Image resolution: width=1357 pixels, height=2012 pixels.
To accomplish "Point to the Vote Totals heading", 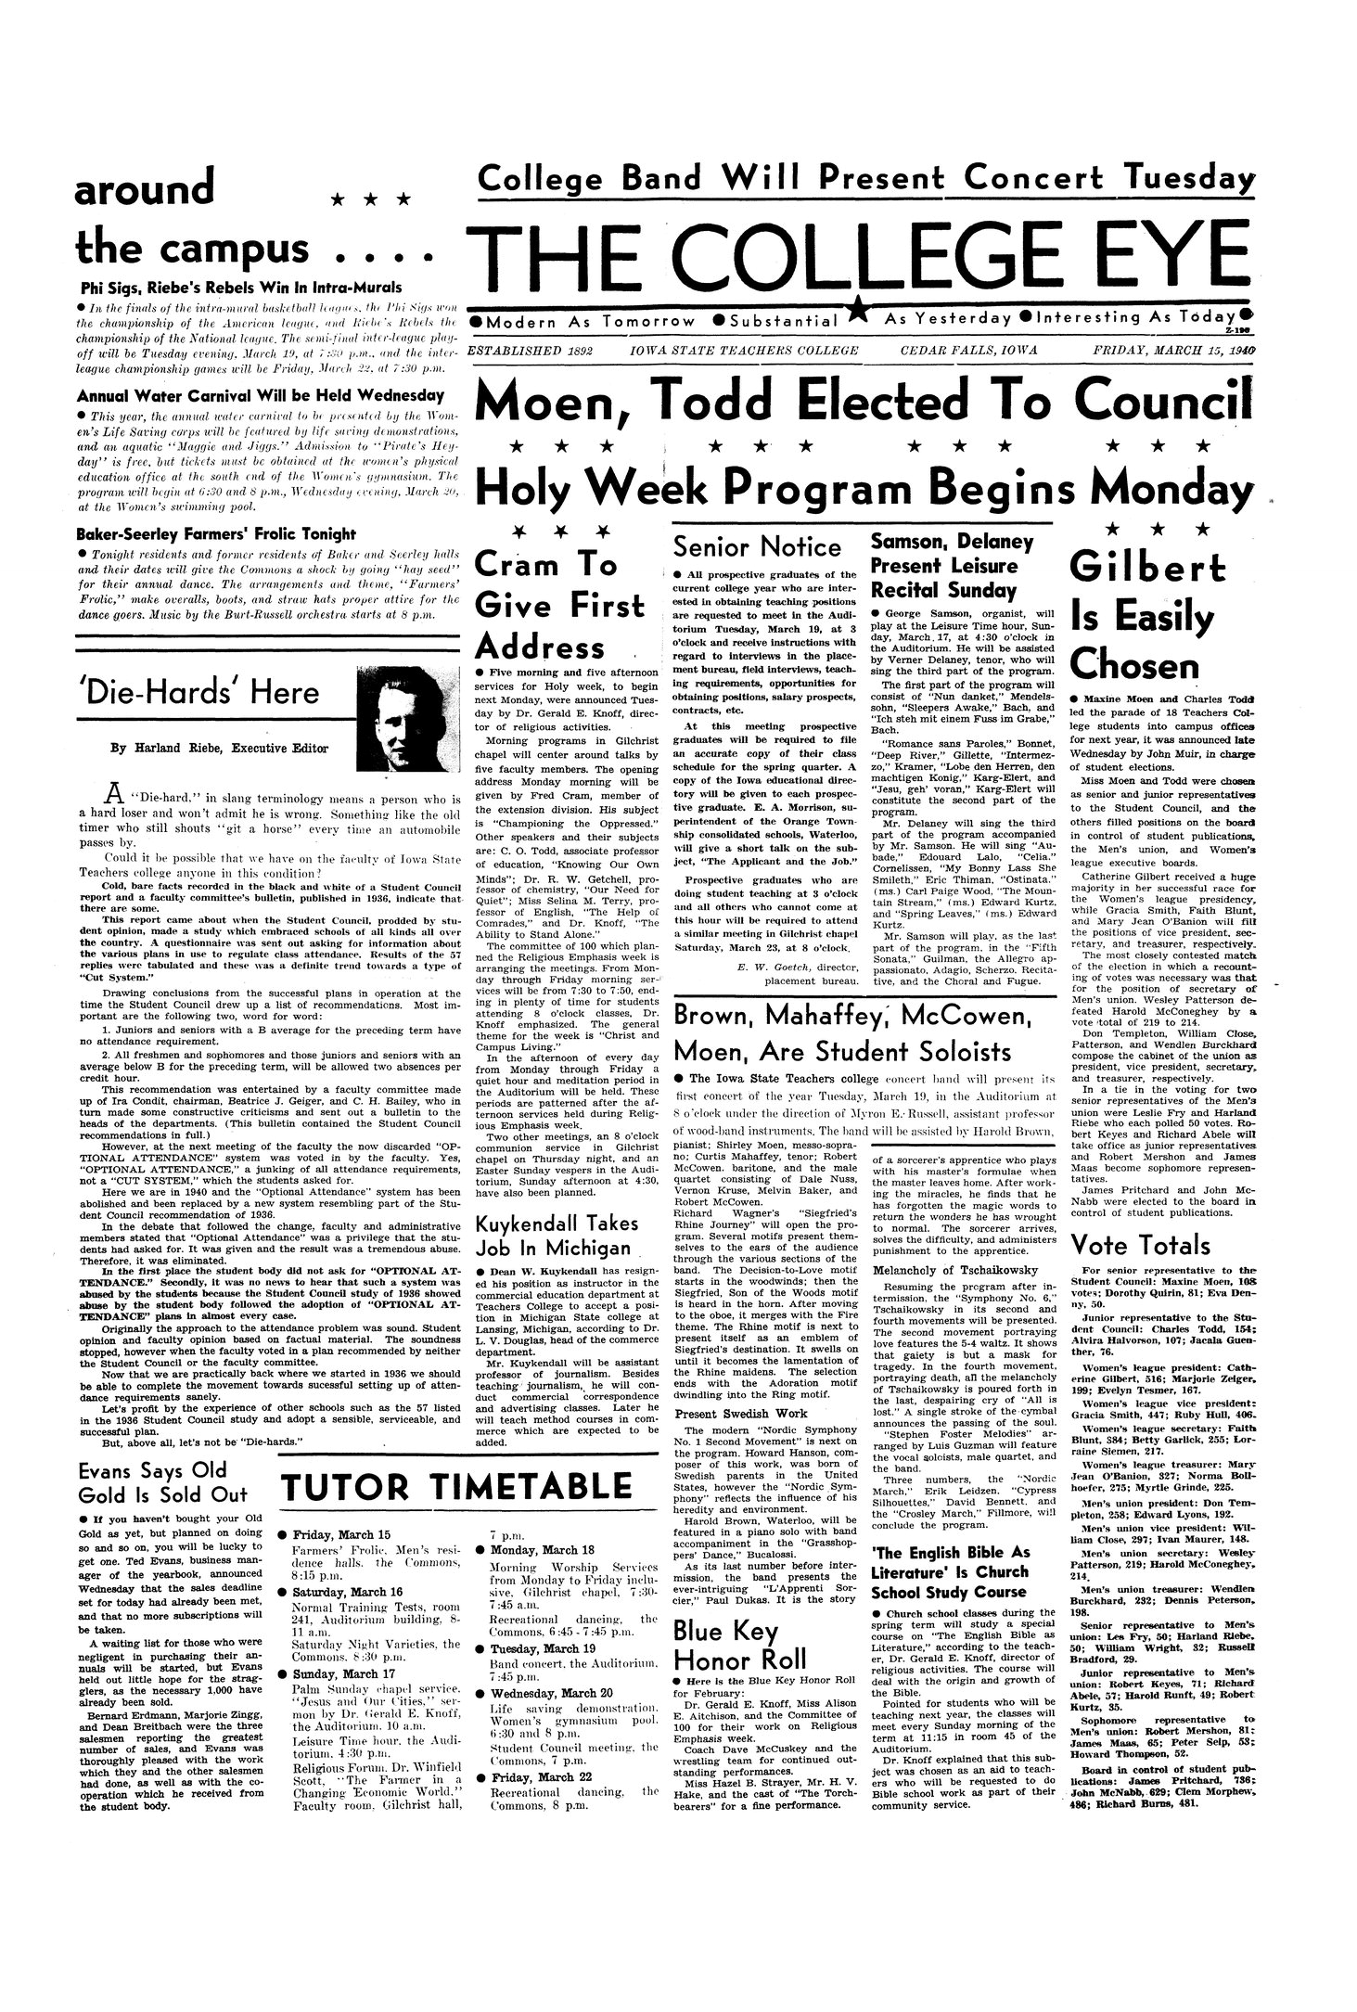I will [x=1140, y=1245].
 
